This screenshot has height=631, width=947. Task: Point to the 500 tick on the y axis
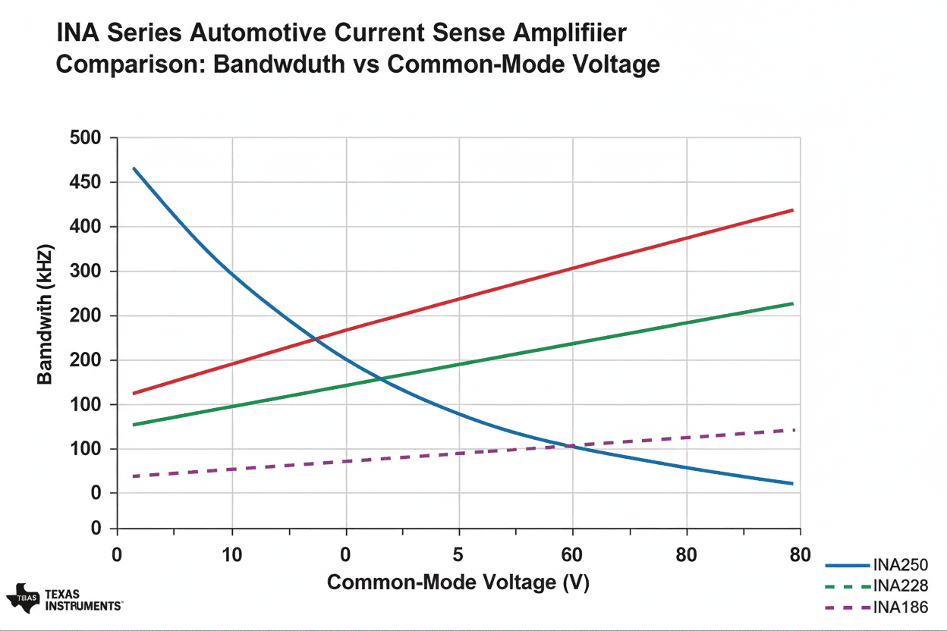pos(85,138)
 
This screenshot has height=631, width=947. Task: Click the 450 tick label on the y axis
pos(85,183)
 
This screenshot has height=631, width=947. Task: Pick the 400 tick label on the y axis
pos(85,227)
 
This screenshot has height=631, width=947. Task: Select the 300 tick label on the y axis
pos(85,272)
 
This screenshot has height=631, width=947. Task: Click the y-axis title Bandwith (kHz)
pos(46,314)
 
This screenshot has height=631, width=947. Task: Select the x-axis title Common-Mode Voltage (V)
pos(458,582)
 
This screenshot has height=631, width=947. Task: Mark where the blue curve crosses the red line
pos(313,338)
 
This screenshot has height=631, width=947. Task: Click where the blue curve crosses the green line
pos(378,378)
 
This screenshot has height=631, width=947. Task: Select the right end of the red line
pos(792,210)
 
